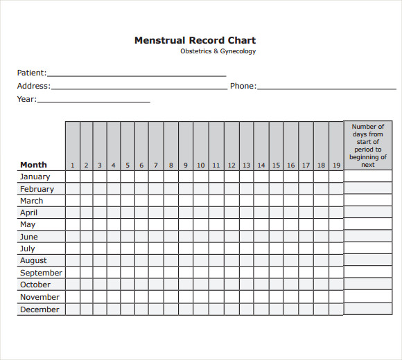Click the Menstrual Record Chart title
(195, 40)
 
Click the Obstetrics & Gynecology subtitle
(218, 51)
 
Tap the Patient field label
(31, 73)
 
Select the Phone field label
(243, 87)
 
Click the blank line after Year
(94, 101)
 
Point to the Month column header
(33, 165)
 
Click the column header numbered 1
(73, 165)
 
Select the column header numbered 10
(201, 165)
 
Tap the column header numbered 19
(336, 165)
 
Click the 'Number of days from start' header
(367, 145)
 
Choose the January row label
(35, 177)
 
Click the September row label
(41, 273)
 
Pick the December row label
(40, 309)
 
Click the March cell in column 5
(128, 201)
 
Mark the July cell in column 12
(231, 249)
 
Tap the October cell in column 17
(306, 285)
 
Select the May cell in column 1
(73, 224)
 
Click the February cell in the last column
(367, 189)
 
